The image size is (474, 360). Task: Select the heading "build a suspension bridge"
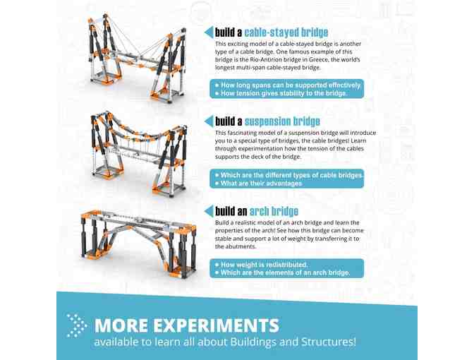pyautogui.click(x=267, y=121)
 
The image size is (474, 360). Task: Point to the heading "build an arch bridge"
pyautogui.click(x=257, y=211)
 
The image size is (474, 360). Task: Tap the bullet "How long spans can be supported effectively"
pyautogui.click(x=291, y=85)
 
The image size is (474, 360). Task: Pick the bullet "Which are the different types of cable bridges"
pyautogui.click(x=291, y=174)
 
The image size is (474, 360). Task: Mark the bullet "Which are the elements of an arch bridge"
pyautogui.click(x=285, y=273)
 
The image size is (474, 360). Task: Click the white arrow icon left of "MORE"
pyautogui.click(x=76, y=324)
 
